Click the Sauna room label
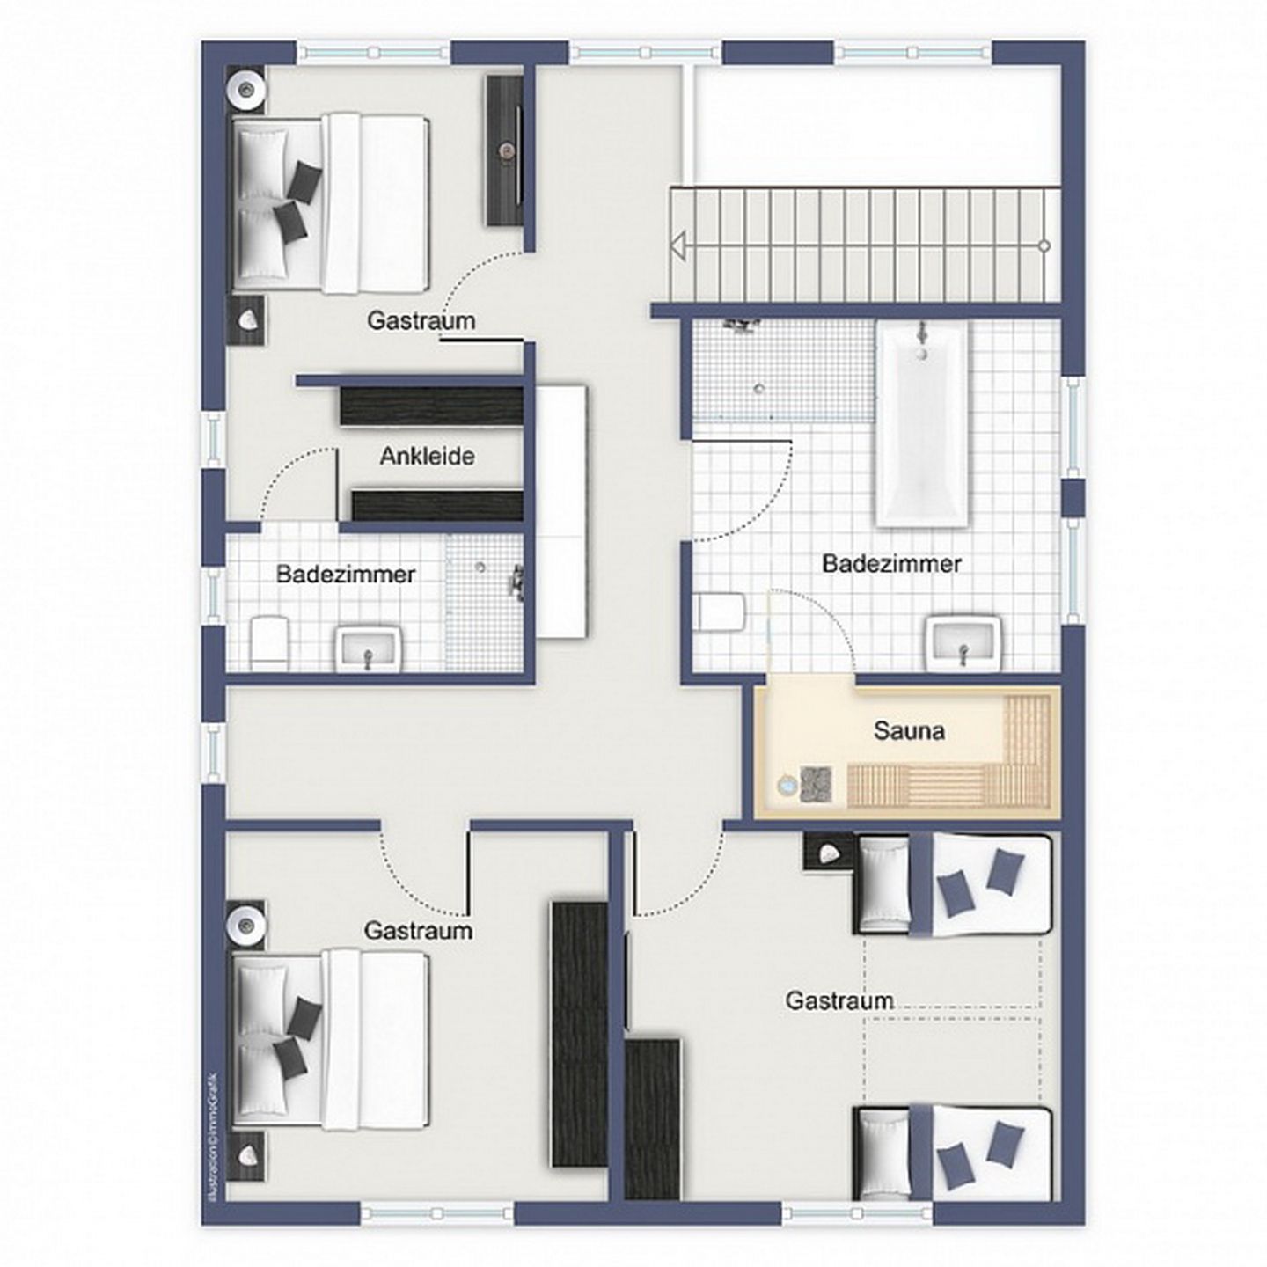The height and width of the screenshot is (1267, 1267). [909, 730]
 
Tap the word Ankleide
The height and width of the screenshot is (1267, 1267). [427, 456]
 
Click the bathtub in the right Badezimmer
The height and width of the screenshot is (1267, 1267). [921, 422]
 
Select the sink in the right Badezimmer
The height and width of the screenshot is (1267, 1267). [963, 641]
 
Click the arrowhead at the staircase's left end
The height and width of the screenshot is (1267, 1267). [677, 245]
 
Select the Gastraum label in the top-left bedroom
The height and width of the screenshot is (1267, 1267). [421, 320]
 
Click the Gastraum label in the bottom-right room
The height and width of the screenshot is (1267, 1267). [839, 1000]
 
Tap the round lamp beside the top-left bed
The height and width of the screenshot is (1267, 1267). [245, 88]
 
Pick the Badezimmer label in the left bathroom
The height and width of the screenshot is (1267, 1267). [345, 575]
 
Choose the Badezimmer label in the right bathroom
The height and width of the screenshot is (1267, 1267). [891, 563]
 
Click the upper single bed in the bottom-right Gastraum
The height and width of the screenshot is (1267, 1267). [954, 884]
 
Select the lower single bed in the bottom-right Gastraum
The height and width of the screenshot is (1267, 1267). [954, 1153]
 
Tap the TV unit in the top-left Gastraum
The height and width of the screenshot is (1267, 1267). [505, 150]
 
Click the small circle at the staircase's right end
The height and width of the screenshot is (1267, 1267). [1044, 245]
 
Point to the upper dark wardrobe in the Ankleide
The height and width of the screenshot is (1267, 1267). [431, 406]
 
